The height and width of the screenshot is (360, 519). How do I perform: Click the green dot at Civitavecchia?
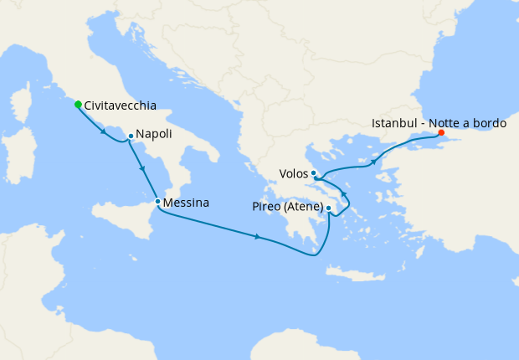[x=78, y=105]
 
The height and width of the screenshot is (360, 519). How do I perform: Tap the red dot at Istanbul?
[x=440, y=132]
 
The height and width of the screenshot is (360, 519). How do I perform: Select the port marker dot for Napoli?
[x=131, y=136]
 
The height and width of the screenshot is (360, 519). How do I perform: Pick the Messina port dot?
[x=157, y=202]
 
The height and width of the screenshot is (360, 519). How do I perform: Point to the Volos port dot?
[x=313, y=173]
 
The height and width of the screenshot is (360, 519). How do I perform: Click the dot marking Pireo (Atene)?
[x=328, y=208]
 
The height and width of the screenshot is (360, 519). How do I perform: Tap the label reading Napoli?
[x=154, y=134]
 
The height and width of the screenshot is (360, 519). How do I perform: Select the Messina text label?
[x=187, y=203]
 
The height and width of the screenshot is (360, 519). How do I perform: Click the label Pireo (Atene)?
[x=286, y=206]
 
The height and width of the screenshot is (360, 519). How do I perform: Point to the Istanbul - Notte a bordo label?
[x=439, y=122]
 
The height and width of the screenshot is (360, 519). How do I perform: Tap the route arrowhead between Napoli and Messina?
[x=144, y=169]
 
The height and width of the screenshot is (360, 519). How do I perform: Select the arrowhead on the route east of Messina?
[x=258, y=238]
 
